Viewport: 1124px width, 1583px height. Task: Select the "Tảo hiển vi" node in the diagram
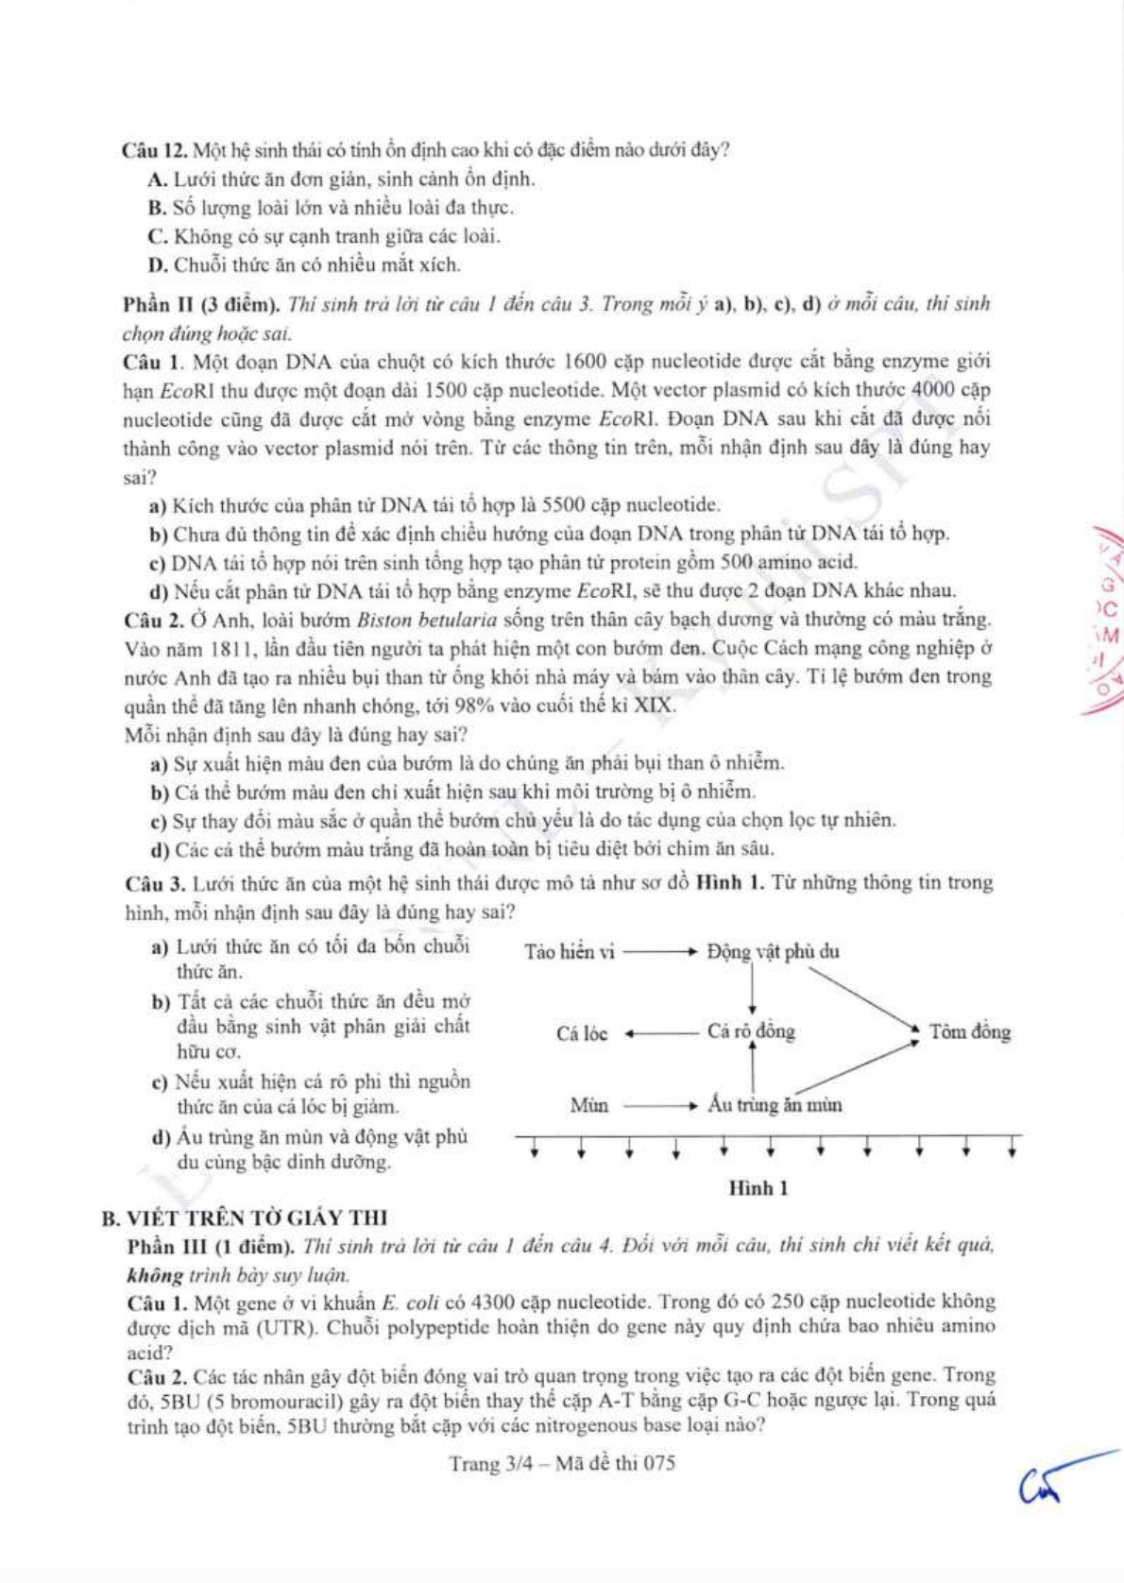pyautogui.click(x=570, y=952)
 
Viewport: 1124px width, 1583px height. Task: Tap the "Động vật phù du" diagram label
pyautogui.click(x=773, y=952)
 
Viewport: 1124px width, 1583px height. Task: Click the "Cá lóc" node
pyautogui.click(x=582, y=1033)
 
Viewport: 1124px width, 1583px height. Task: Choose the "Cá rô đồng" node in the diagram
pyautogui.click(x=751, y=1032)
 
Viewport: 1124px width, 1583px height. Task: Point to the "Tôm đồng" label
pyautogui.click(x=969, y=1032)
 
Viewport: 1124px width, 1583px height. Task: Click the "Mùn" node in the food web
pyautogui.click(x=589, y=1104)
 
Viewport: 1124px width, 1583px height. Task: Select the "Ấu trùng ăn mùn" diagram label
pyautogui.click(x=775, y=1104)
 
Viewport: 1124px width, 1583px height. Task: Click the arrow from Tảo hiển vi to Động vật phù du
pyautogui.click(x=660, y=952)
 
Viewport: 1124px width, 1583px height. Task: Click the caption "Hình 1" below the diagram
pyautogui.click(x=758, y=1188)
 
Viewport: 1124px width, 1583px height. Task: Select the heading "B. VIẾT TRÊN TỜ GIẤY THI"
pyautogui.click(x=245, y=1218)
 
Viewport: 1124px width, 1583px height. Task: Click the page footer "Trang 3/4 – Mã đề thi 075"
pyautogui.click(x=562, y=1464)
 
